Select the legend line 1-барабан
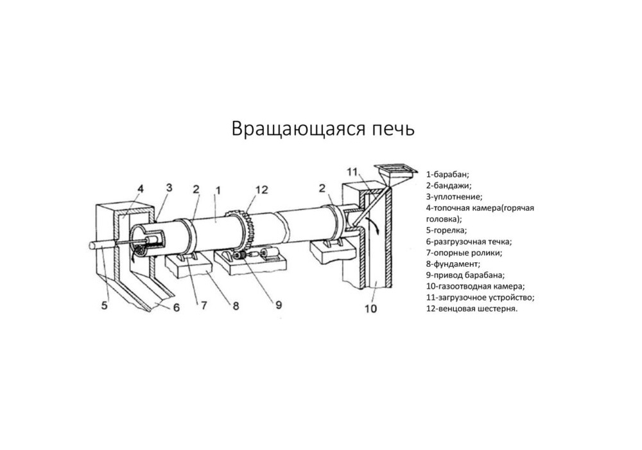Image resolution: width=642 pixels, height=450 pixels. [448, 174]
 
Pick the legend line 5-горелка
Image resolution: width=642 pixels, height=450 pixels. [447, 230]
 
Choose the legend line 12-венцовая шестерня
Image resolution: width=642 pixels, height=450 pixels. [472, 309]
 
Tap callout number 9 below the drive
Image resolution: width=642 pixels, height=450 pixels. [278, 305]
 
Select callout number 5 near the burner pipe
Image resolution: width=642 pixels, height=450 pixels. [105, 305]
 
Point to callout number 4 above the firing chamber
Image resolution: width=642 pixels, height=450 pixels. [140, 188]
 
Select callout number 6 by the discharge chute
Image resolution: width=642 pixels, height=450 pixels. [175, 307]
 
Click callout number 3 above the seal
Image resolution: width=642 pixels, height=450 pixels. [169, 188]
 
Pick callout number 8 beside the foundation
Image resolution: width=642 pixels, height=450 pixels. [236, 306]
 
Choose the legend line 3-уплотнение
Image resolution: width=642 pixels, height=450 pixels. [454, 196]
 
